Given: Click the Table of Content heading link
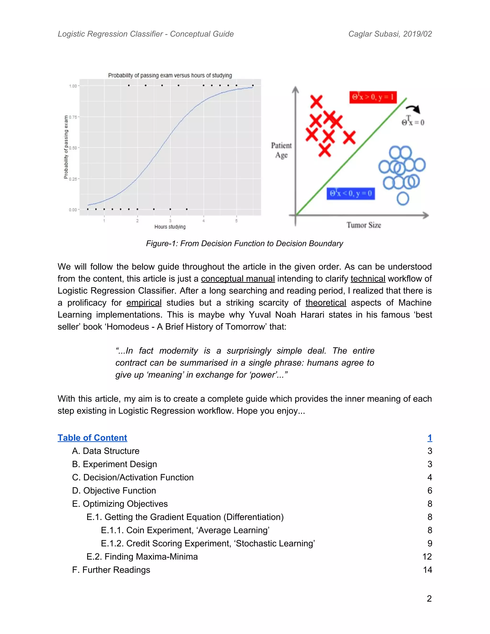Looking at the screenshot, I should coord(92,438).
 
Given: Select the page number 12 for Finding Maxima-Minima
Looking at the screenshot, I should coord(427,556).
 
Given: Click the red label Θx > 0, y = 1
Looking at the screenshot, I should coord(373,97).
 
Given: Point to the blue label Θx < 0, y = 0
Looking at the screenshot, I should coord(351,193).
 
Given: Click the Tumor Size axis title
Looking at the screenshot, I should coord(363,225).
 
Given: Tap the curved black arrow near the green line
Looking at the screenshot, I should coord(413,109).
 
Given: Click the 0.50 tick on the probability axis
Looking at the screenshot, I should coord(73,148).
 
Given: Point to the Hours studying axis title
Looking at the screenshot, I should coord(170,227).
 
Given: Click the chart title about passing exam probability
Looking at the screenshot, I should coord(170,75).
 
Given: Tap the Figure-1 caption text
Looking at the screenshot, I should coord(245,243).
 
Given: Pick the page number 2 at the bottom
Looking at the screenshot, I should coord(429,598).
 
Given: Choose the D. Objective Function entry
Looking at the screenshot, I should coord(114,491).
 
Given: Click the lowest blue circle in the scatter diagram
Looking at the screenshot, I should coord(403,199).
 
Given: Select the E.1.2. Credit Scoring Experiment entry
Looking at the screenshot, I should coord(208,543).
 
